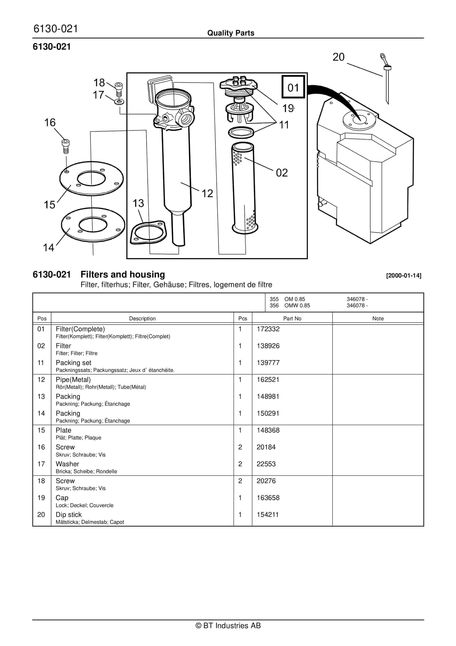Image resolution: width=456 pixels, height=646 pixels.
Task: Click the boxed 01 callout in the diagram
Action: tap(293, 87)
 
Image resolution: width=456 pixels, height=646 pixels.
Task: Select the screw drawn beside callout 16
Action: tap(66, 146)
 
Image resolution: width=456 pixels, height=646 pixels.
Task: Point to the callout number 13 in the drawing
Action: tap(138, 203)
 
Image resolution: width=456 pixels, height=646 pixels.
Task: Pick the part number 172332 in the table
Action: tap(268, 329)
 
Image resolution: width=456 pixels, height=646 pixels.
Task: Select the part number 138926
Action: tap(268, 346)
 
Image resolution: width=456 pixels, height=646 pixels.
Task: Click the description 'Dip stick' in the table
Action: tap(69, 515)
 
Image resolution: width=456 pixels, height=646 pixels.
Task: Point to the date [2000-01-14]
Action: tap(404, 275)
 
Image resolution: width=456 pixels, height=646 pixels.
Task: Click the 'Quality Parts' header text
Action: tap(231, 33)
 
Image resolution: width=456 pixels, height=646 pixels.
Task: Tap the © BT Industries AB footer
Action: tap(228, 625)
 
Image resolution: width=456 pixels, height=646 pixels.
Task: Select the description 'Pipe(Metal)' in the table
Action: tap(73, 380)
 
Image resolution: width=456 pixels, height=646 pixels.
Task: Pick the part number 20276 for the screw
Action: tap(266, 481)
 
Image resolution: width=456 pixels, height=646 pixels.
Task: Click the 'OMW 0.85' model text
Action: tap(297, 306)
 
